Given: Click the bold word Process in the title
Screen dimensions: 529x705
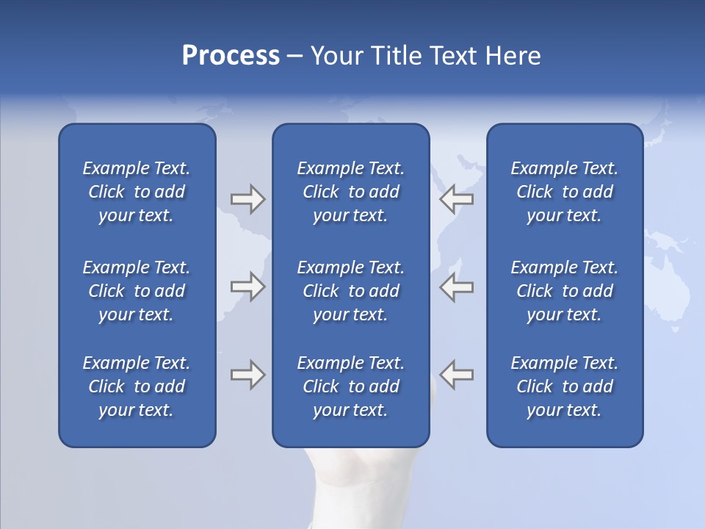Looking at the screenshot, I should point(231,56).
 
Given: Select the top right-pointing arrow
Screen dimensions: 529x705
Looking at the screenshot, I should point(247,199).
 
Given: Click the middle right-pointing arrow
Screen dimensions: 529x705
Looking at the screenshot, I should point(247,287).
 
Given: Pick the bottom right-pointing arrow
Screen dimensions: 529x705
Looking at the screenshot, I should point(247,375).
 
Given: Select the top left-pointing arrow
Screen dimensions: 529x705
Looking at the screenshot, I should point(456,199).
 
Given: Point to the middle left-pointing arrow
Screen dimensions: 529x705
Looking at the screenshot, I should point(456,287).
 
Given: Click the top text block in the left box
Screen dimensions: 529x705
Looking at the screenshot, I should point(137,192).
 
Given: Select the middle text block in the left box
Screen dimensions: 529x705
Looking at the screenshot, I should point(137,291).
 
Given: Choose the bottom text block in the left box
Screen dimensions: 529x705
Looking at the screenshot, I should point(137,386).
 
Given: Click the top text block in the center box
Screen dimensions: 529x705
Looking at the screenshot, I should point(350,192).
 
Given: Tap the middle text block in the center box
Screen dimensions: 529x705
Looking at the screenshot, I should point(350,291).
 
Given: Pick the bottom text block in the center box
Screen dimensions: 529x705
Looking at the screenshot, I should point(350,386).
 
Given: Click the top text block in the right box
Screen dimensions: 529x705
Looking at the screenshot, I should point(564,192).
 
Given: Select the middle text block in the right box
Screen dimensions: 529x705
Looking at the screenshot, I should point(564,291).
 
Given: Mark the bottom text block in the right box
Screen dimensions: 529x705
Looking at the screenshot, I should point(564,386).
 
